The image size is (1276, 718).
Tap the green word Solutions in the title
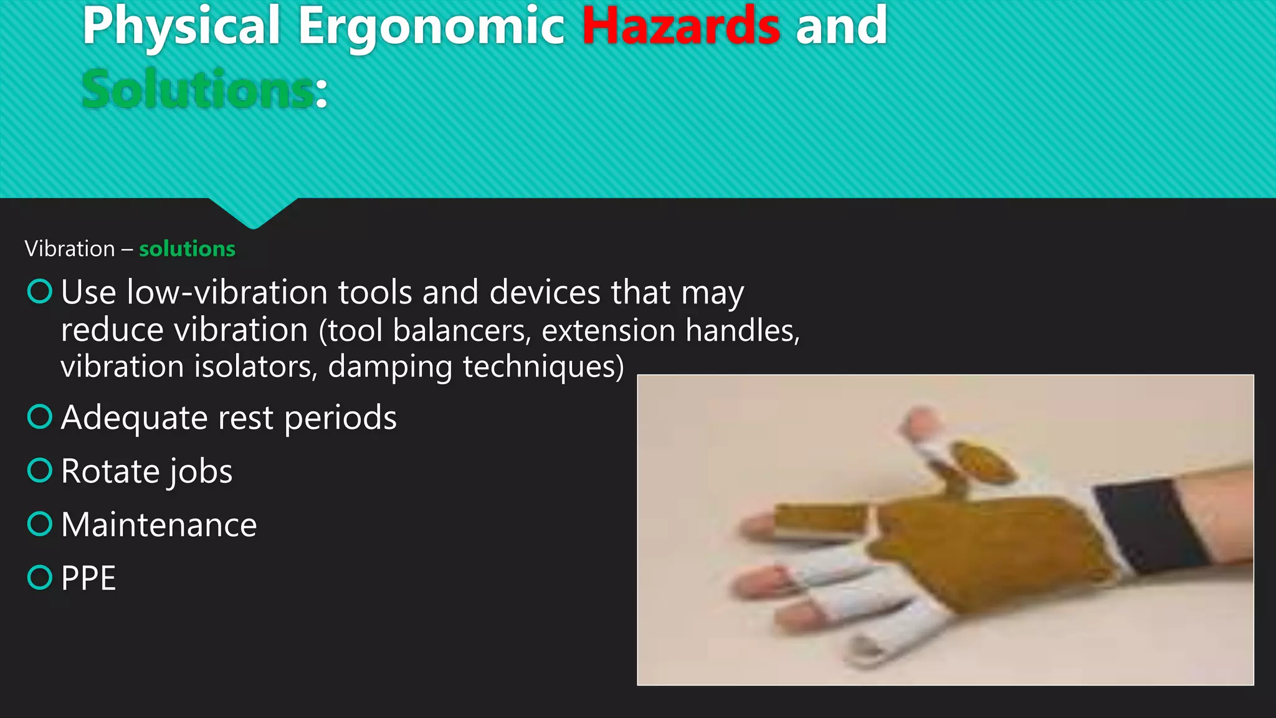coord(197,90)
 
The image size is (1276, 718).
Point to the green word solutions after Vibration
coord(187,249)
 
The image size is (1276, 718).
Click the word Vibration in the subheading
coord(70,249)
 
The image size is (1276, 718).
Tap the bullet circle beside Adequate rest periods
coord(40,417)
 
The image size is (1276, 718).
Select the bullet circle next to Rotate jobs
coord(40,471)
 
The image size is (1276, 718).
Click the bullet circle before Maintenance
coord(40,524)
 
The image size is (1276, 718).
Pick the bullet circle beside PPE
coord(40,578)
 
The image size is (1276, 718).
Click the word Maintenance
coord(159,525)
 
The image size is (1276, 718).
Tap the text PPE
coord(88,578)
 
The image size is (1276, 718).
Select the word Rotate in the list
coord(101,471)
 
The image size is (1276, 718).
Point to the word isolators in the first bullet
coord(255,366)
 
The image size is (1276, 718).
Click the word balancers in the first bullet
coord(461,330)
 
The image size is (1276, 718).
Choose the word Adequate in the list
coord(133,418)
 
